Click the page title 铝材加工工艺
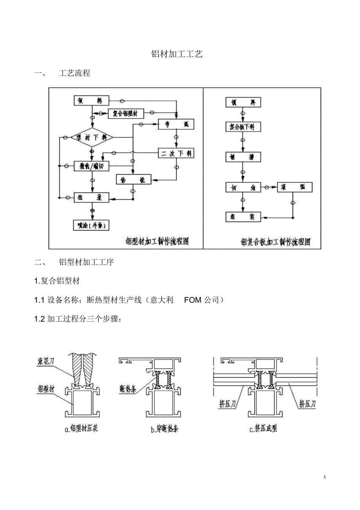pos(177,54)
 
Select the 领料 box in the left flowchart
pos(92,101)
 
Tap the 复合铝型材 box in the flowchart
pos(125,114)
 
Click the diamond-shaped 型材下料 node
pos(92,137)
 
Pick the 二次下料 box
pos(176,153)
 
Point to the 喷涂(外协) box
pos(91,225)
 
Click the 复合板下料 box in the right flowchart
pos(243,127)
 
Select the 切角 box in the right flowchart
pos(243,187)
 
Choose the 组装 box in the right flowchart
pos(243,217)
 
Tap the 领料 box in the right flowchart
pos(243,103)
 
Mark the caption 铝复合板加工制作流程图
pos(276,242)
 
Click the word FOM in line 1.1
pos(193,300)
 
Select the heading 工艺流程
pos(74,73)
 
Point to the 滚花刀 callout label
pos(45,359)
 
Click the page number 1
pos(325,478)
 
